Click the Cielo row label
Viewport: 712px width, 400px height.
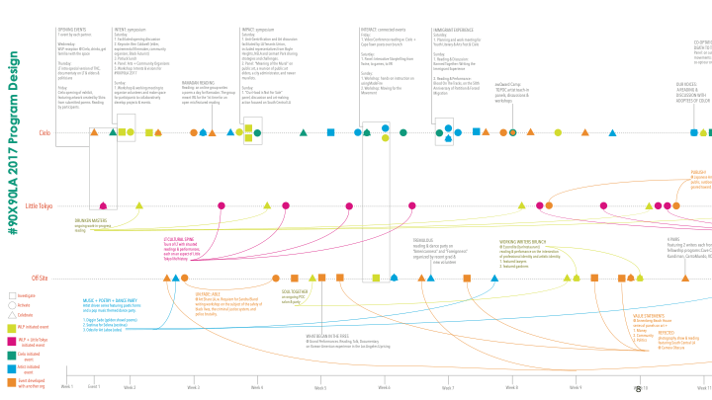click(44, 131)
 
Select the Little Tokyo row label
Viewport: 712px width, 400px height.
click(40, 204)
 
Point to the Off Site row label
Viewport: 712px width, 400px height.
click(41, 278)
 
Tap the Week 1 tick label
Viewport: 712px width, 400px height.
click(66, 387)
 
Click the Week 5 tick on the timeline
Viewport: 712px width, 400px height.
click(320, 387)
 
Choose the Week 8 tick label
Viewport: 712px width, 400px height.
click(511, 387)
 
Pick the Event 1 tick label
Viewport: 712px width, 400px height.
click(93, 387)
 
